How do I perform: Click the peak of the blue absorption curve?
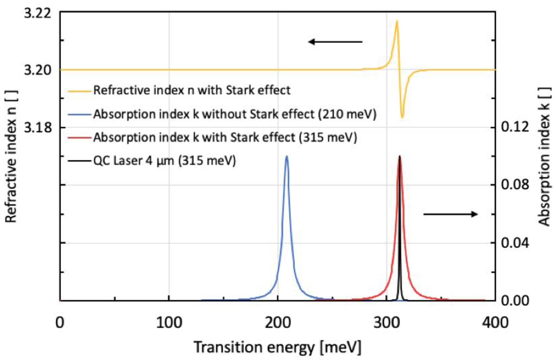pyautogui.click(x=287, y=157)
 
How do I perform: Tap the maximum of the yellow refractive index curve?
pyautogui.click(x=397, y=21)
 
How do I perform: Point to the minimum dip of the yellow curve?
pyautogui.click(x=402, y=117)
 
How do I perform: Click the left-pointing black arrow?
pyautogui.click(x=335, y=42)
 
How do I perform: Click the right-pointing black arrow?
pyautogui.click(x=450, y=214)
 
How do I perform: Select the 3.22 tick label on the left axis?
pyautogui.click(x=38, y=13)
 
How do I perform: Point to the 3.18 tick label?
pyautogui.click(x=38, y=128)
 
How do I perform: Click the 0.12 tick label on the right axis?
pyautogui.click(x=515, y=127)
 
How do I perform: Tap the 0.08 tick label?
pyautogui.click(x=515, y=185)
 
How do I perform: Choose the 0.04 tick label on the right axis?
pyautogui.click(x=515, y=243)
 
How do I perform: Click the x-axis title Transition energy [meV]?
pyautogui.click(x=277, y=347)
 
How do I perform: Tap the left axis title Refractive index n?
pyautogui.click(x=11, y=156)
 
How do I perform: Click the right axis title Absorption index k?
pyautogui.click(x=544, y=156)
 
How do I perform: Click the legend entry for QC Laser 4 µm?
pyautogui.click(x=164, y=161)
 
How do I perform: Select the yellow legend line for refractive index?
pyautogui.click(x=79, y=91)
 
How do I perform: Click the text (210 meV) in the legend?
pyautogui.click(x=347, y=114)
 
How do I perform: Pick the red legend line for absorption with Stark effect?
pyautogui.click(x=79, y=137)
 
